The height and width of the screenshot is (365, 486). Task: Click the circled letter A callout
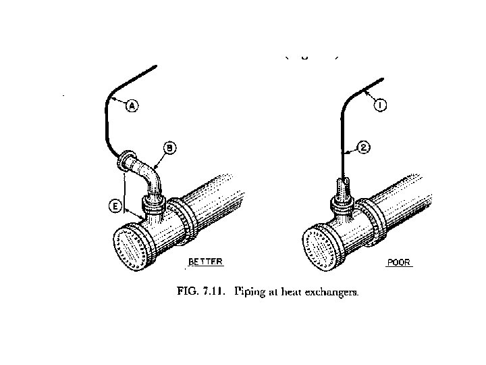(132, 105)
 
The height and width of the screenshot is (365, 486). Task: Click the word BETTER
(205, 261)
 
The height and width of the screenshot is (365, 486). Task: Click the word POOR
(398, 262)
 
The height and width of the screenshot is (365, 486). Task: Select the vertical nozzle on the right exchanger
(342, 193)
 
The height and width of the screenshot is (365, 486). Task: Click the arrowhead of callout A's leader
(113, 99)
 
